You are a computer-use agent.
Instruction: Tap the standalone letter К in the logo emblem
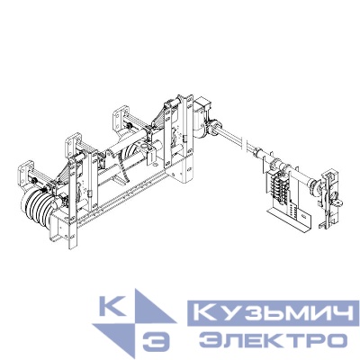click(112, 305)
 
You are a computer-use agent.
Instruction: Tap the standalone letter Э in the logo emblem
click(156, 342)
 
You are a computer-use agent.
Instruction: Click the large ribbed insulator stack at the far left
click(39, 210)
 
